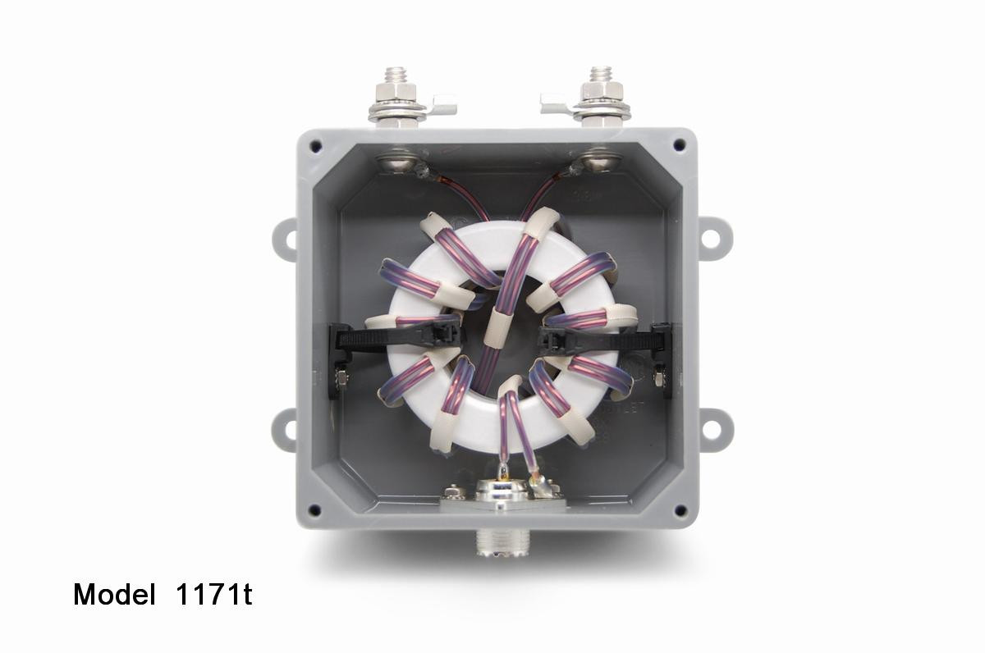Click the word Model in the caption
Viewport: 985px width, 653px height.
pos(113,595)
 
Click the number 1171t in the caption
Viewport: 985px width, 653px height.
pos(213,595)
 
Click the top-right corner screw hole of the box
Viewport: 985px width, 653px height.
pos(680,145)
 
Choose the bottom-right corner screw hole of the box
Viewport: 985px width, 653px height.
pos(680,510)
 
